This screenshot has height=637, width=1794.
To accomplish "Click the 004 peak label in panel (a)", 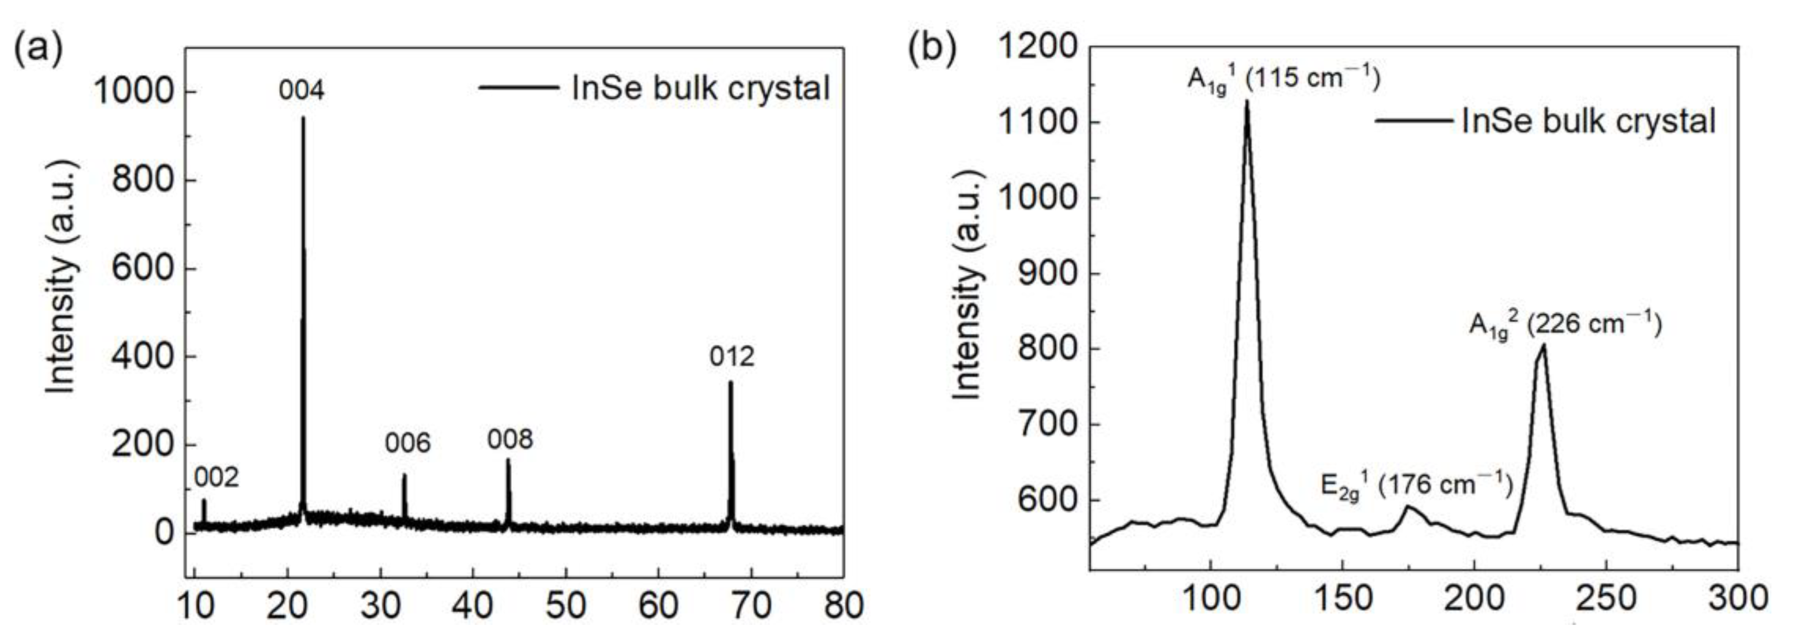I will point(302,90).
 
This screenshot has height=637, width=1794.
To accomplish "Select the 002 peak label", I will point(216,477).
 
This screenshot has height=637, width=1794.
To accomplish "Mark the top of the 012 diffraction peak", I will point(730,382).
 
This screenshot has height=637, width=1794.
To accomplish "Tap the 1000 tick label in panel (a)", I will point(133,92).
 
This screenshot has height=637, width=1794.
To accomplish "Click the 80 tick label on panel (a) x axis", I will point(843,606).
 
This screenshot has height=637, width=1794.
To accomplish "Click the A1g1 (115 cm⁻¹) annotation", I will point(1283,78).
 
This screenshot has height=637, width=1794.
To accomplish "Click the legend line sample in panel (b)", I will point(1414,121).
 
